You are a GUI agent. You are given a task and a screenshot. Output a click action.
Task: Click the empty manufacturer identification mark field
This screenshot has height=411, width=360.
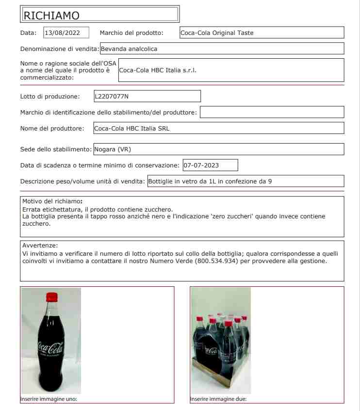(x=272, y=113)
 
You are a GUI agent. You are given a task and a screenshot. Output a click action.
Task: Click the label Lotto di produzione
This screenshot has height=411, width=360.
(x=47, y=96)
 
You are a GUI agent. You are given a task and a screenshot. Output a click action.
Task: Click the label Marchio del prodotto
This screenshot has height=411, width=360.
(x=131, y=33)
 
